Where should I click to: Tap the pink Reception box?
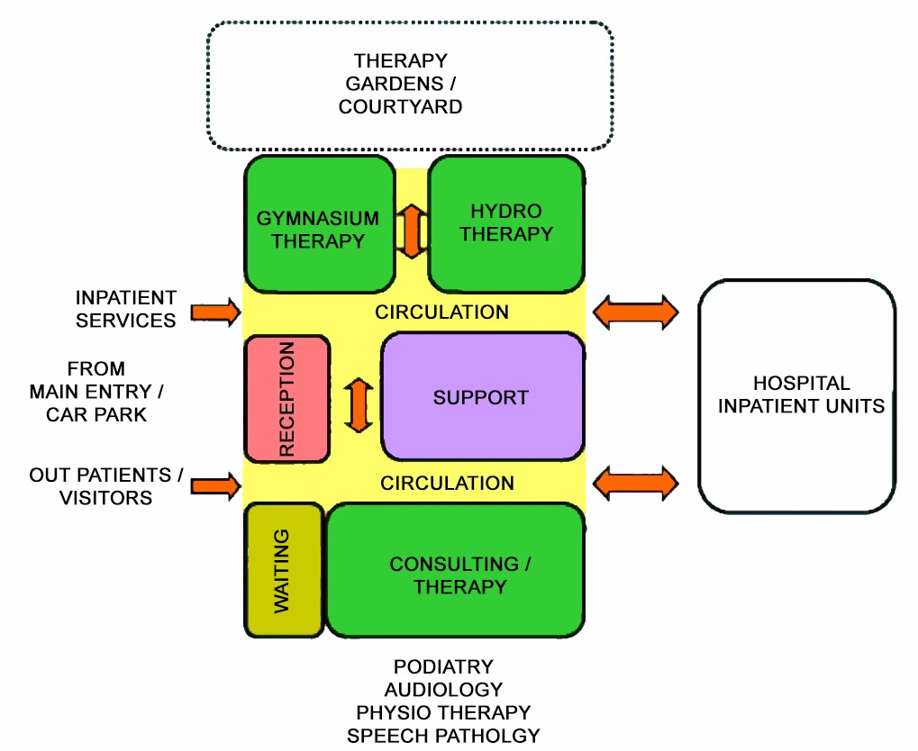(286, 396)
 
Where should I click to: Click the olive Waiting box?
(283, 571)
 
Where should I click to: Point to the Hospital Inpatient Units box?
(797, 395)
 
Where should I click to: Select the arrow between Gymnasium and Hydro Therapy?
(412, 231)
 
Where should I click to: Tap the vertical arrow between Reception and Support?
(359, 404)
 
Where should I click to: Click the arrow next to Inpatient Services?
(216, 313)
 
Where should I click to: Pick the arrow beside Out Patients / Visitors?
(216, 485)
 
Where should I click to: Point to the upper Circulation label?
(441, 312)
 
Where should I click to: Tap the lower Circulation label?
(447, 484)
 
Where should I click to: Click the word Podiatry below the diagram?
(443, 667)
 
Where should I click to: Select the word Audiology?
(443, 690)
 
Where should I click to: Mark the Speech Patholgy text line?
(443, 736)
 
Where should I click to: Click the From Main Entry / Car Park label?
(96, 393)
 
